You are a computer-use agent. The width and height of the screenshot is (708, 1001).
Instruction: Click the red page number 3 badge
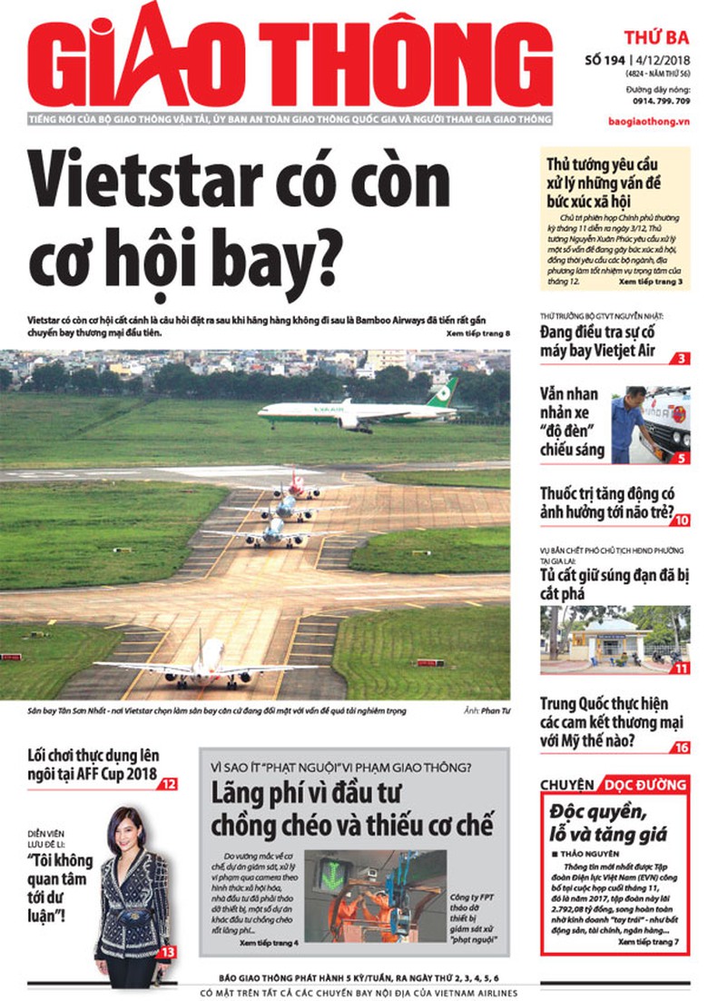pyautogui.click(x=680, y=359)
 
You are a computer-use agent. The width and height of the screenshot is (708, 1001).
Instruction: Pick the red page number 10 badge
pyautogui.click(x=680, y=520)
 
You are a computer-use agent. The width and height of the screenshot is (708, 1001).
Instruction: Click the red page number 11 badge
pyautogui.click(x=681, y=669)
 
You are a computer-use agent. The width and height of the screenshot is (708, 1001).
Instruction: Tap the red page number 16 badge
pyautogui.click(x=681, y=747)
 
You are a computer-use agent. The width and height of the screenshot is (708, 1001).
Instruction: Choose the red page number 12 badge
pyautogui.click(x=169, y=782)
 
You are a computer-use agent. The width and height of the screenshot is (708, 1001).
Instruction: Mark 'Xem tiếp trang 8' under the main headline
pyautogui.click(x=478, y=334)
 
